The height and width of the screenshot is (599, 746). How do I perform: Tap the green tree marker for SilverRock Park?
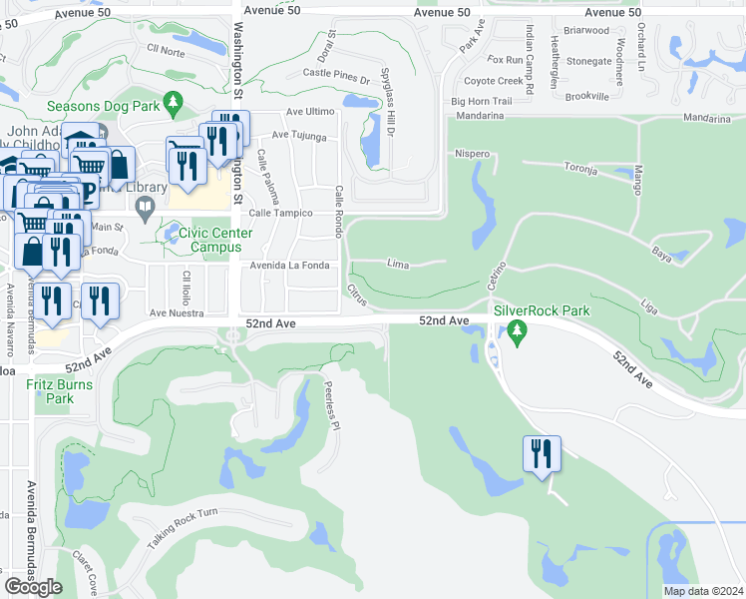(517, 331)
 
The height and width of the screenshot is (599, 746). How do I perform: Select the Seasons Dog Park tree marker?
(174, 103)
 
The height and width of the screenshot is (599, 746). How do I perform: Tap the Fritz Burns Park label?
(59, 391)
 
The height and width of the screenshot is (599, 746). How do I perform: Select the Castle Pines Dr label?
(336, 73)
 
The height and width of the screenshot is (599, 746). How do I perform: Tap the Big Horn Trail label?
(482, 101)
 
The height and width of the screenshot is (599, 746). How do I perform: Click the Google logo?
(33, 587)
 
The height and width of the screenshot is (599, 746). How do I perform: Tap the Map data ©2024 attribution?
(702, 591)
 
